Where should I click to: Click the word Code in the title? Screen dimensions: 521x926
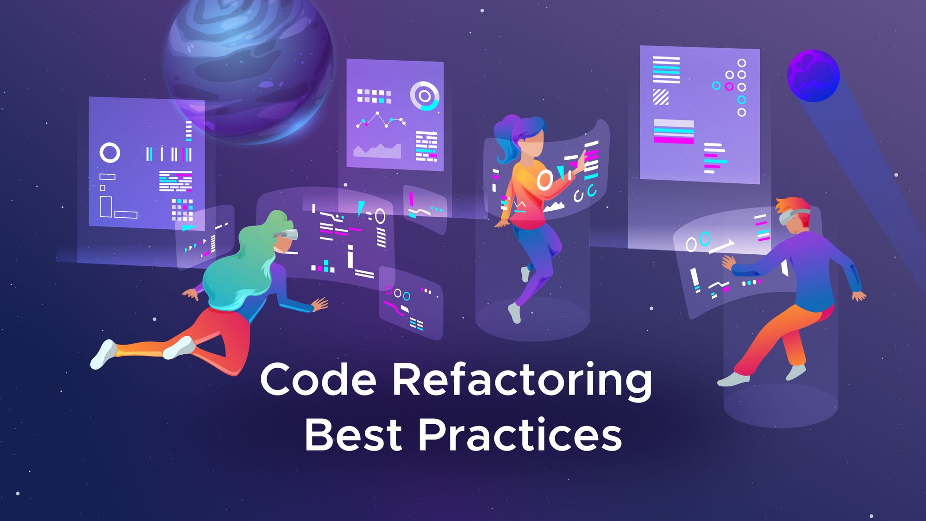point(318,379)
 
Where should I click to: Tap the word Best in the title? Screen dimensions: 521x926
point(353,435)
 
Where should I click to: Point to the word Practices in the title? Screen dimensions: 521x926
point(520,435)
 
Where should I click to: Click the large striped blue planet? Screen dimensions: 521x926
point(250,65)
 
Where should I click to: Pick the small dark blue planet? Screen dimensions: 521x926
point(813,75)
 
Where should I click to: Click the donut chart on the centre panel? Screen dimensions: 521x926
point(424,96)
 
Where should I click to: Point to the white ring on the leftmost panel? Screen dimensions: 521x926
point(110,153)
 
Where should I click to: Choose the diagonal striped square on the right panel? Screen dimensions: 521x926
point(661,97)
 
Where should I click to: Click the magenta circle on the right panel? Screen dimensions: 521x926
point(729,87)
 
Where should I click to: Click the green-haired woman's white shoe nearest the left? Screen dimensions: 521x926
point(103,354)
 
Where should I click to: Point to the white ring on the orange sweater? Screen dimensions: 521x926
point(544,180)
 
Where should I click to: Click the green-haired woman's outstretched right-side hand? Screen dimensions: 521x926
point(320,305)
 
